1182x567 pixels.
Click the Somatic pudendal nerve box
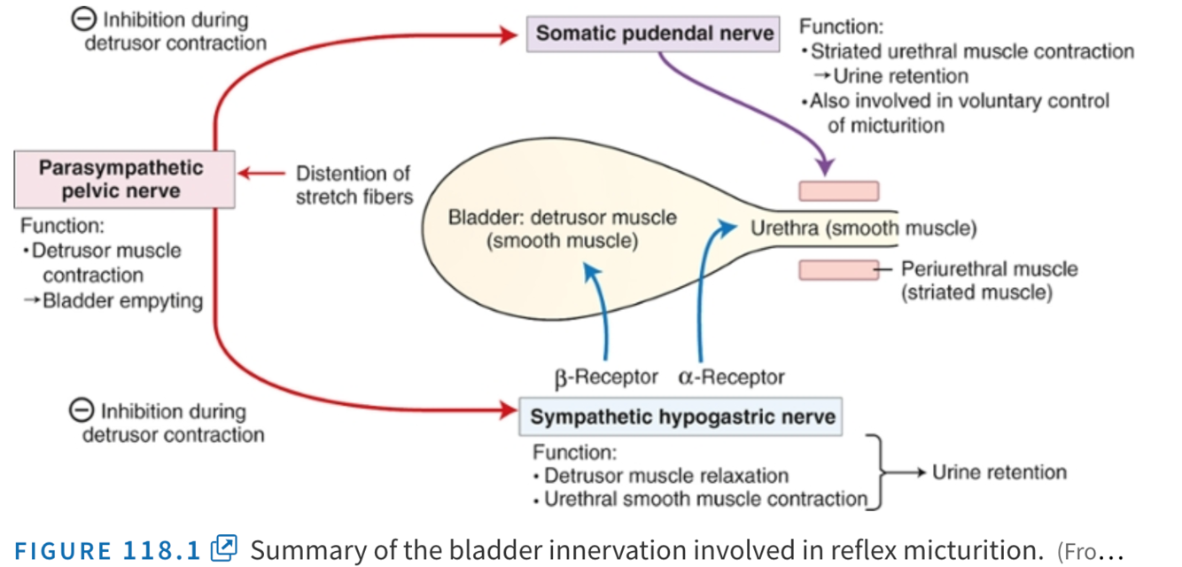[x=654, y=35]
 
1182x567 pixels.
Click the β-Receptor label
[x=606, y=378]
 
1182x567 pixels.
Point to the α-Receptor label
[x=732, y=378]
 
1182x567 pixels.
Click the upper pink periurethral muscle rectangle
[x=839, y=191]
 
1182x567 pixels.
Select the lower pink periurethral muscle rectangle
[x=839, y=269]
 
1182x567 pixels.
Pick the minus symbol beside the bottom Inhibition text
[x=82, y=410]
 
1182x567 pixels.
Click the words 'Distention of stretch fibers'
[x=354, y=185]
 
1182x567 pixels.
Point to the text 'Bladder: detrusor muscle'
[x=563, y=218]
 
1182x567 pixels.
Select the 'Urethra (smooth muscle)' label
[x=863, y=229]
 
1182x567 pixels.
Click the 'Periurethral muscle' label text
[x=989, y=268]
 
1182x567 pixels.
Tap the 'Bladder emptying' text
[x=122, y=300]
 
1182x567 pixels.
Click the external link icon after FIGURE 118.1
[x=225, y=548]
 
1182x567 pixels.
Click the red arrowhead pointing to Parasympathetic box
[x=245, y=174]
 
